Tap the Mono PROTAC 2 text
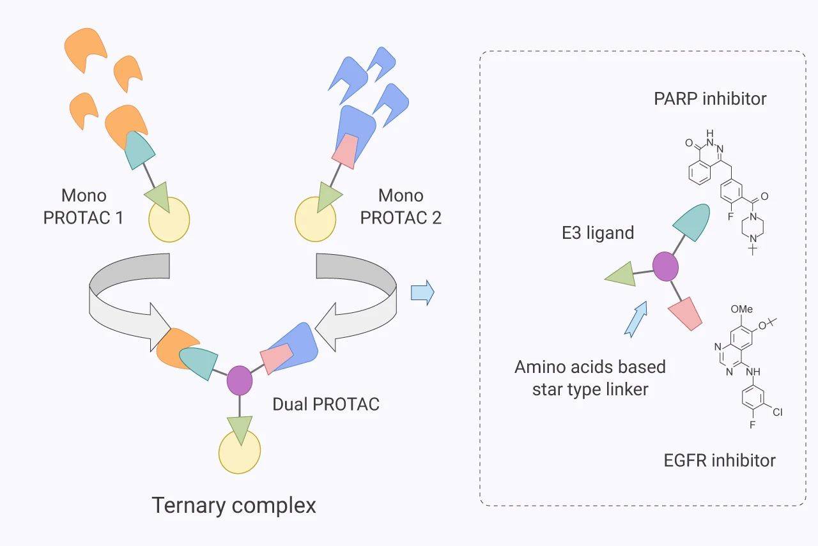(400, 206)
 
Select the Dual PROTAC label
(326, 404)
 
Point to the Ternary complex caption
(234, 506)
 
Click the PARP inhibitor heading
(710, 98)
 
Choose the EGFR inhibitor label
(720, 460)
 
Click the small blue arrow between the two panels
(422, 293)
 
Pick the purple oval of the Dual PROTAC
(240, 379)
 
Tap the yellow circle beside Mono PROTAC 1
(169, 219)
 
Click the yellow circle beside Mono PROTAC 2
(315, 219)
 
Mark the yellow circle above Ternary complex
(240, 451)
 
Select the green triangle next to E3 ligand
(621, 275)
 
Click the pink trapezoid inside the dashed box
(686, 313)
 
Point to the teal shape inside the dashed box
(693, 221)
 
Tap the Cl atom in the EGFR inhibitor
(777, 413)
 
